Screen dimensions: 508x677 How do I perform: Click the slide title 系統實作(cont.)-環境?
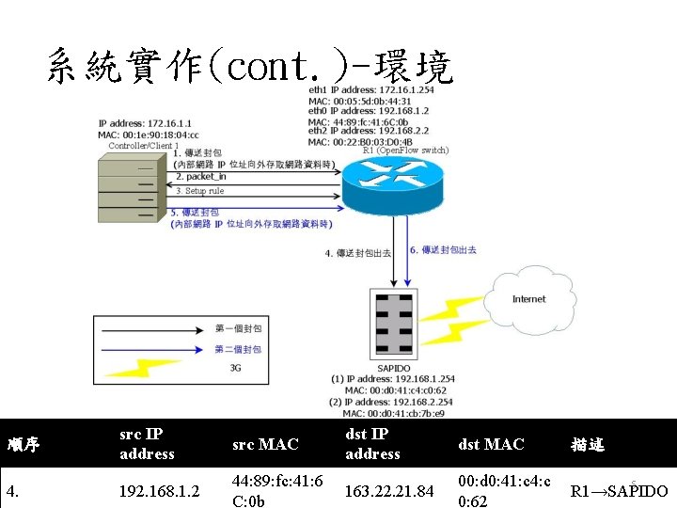pos(248,68)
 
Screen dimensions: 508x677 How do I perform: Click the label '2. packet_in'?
pos(201,177)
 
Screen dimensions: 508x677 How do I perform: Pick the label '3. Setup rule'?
pos(199,191)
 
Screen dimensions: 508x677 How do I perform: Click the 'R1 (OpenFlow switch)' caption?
pos(406,151)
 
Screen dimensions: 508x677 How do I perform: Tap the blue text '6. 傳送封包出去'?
pos(443,250)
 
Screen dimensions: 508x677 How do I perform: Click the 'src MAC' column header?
pos(264,444)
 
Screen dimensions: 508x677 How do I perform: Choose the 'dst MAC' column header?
pos(490,444)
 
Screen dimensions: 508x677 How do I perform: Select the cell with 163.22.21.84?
pos(388,491)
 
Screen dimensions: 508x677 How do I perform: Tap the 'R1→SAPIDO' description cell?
pos(619,491)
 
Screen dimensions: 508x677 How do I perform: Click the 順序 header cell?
pos(23,444)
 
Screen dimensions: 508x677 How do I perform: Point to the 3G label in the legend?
pos(235,368)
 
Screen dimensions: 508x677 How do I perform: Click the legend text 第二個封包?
pos(238,349)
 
